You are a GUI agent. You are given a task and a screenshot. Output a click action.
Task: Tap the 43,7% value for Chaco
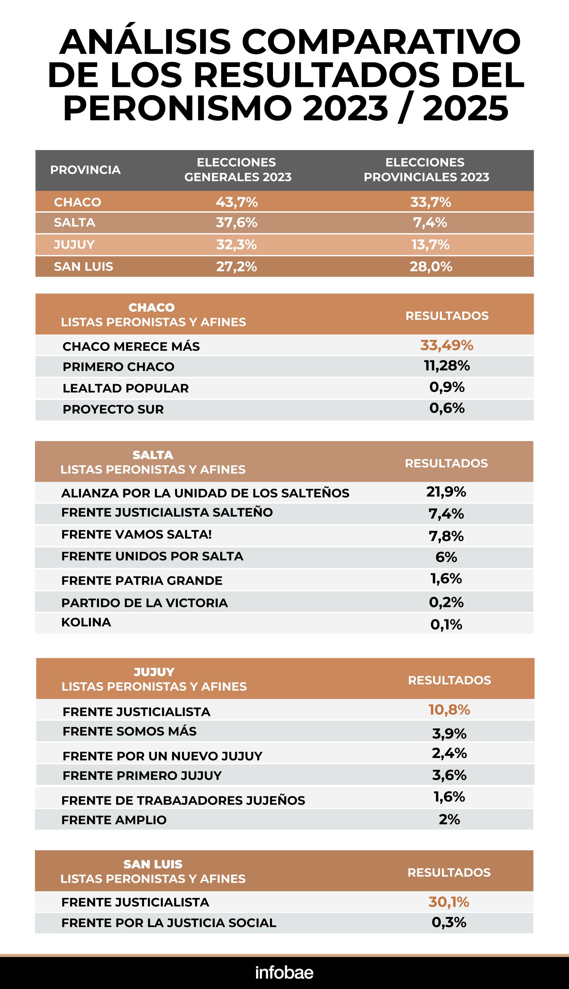coord(237,202)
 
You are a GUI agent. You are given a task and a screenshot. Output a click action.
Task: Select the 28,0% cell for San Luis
coord(431,266)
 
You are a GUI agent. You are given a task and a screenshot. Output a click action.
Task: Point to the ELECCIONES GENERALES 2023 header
coord(238,170)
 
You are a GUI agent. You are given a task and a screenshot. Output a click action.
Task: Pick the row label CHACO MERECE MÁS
coord(131,346)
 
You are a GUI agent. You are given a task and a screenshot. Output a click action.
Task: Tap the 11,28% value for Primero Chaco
coord(447,366)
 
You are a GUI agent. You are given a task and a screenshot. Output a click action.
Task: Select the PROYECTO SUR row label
coord(113,409)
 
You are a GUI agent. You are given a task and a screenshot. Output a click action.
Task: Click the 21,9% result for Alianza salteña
coord(446,492)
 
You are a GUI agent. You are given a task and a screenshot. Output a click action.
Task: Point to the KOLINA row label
coord(86,622)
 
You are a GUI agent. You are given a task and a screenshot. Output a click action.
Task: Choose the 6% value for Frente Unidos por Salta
coord(446,557)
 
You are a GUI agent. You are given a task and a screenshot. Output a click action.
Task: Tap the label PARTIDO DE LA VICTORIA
coord(144,603)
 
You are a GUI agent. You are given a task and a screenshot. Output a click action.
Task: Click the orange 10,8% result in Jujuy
coord(449,710)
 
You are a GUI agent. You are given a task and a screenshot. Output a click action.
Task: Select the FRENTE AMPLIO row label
coord(114,820)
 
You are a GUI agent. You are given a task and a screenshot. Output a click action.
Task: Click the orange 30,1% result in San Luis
coord(449,902)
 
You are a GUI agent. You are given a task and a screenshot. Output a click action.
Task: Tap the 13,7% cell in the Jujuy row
coord(430,245)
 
